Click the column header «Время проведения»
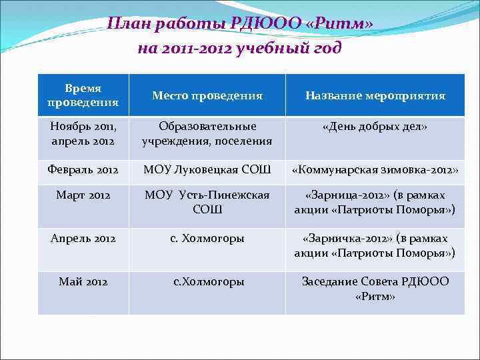tap(83, 95)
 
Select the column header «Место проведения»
tap(207, 96)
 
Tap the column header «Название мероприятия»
tap(375, 96)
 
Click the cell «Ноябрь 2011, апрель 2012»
tap(83, 133)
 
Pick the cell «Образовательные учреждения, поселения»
tap(207, 133)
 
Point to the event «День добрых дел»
tap(375, 127)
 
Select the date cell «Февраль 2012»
tap(83, 170)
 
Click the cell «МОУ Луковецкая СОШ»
tap(207, 170)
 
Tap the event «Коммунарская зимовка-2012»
tap(375, 170)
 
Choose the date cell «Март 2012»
tap(83, 195)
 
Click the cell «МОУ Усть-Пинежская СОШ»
tap(207, 202)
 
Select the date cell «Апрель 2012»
tap(83, 238)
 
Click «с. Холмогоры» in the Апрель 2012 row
tap(207, 238)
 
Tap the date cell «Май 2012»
tap(83, 281)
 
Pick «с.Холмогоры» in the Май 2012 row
tap(207, 281)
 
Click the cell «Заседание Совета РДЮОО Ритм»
tap(375, 288)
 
